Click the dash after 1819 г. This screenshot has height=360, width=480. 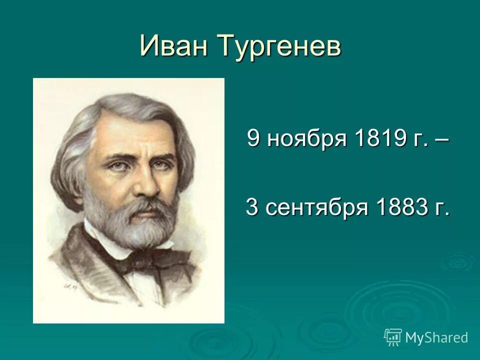[443, 139]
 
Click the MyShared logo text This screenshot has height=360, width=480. [436, 337]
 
